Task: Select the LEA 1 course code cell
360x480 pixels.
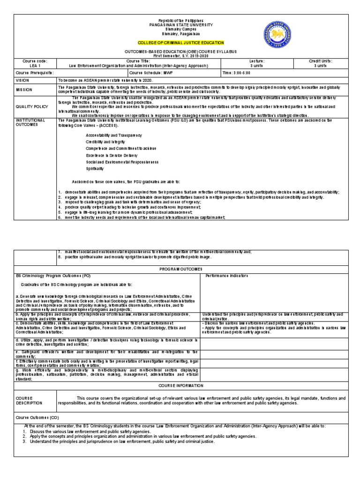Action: [35, 66]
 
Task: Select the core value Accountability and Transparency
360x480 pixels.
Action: [113, 135]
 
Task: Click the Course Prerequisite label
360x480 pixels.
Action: [35, 73]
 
